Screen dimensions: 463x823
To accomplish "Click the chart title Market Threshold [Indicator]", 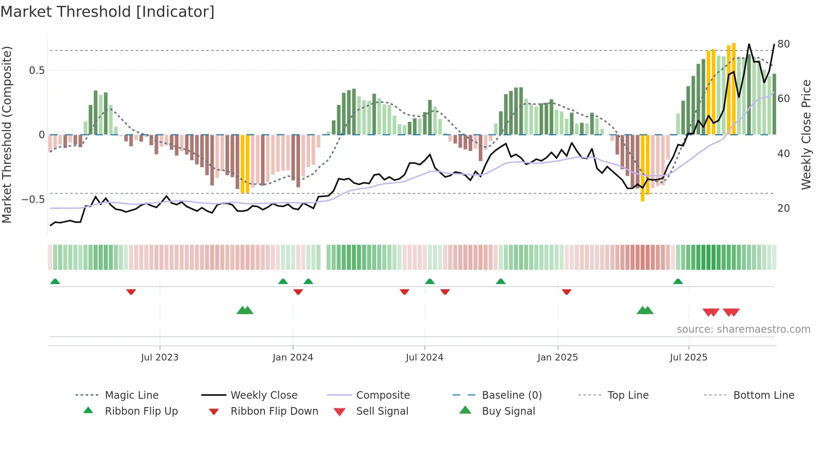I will [107, 12].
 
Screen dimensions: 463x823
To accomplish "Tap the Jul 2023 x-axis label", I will [160, 358].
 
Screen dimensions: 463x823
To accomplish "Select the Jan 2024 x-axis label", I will [293, 358].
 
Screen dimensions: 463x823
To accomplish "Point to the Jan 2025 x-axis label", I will [558, 358].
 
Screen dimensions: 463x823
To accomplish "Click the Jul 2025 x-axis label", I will [689, 358].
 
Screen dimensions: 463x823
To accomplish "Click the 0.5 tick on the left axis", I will [37, 71].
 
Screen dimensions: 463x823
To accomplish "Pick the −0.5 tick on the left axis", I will [33, 200].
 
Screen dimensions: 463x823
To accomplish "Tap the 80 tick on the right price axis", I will [784, 44].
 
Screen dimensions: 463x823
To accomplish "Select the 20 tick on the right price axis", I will [784, 208].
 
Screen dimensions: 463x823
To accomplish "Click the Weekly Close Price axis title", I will [806, 134].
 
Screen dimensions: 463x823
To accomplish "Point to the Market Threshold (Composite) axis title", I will [7, 134].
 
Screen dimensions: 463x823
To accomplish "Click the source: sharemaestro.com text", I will [743, 329].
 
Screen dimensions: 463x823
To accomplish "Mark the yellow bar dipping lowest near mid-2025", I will [642, 168].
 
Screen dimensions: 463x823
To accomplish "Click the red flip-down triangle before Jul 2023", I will [131, 292].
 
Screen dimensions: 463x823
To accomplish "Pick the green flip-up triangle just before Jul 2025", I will [678, 281].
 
